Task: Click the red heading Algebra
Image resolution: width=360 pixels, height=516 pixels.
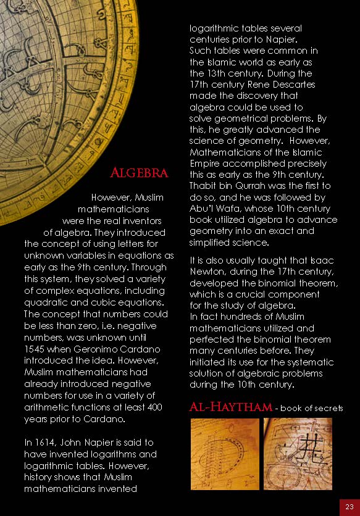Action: coord(138,173)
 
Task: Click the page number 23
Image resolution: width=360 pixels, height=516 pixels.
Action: coord(349,506)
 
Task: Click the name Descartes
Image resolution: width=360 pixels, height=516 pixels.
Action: coord(293,85)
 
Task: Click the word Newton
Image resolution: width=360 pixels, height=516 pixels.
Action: coord(207,272)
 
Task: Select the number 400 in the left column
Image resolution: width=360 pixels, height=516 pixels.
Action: coord(155,407)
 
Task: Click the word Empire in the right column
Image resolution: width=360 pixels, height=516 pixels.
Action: coord(205,164)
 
